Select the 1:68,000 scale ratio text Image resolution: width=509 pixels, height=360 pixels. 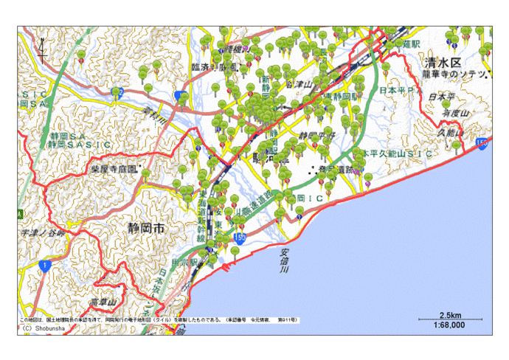[x=449, y=325]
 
